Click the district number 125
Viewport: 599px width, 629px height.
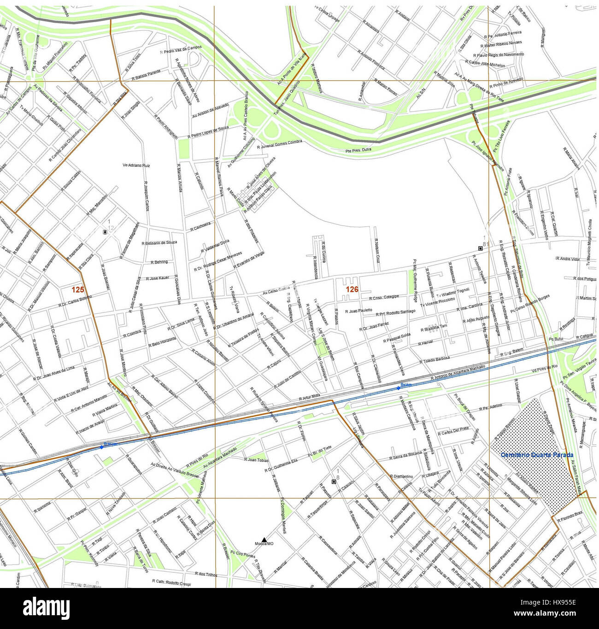pyautogui.click(x=77, y=289)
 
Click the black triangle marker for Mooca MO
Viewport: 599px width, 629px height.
pyautogui.click(x=264, y=539)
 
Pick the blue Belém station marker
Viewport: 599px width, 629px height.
pyautogui.click(x=399, y=388)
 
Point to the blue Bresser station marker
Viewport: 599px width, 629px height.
pyautogui.click(x=101, y=447)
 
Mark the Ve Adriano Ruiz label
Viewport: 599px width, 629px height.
pyautogui.click(x=136, y=165)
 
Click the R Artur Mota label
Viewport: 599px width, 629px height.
pyautogui.click(x=309, y=397)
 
